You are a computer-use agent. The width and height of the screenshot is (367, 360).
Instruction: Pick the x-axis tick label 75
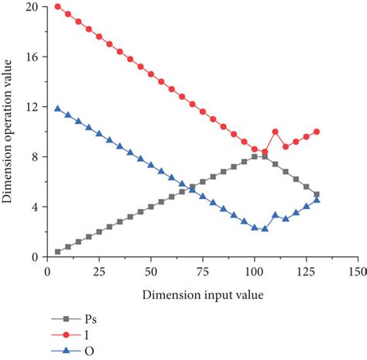[x=202, y=272]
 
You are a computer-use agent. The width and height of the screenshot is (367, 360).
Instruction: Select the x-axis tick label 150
[x=357, y=272]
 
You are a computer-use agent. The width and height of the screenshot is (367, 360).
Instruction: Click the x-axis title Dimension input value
[x=202, y=297]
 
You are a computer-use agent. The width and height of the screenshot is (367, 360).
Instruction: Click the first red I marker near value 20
[x=58, y=7]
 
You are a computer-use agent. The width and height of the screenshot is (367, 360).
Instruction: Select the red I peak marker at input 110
[x=275, y=132]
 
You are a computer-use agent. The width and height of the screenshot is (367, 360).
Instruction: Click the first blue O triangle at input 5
[x=58, y=109]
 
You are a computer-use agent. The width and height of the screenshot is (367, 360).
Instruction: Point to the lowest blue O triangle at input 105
[x=265, y=229]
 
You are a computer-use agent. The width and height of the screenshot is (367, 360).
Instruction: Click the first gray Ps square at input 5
[x=58, y=252]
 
